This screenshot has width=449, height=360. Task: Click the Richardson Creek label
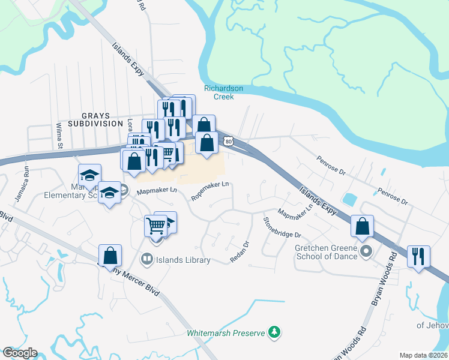click(223, 92)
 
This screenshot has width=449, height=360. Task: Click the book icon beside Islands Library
click(146, 260)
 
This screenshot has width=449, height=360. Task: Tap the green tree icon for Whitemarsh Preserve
click(274, 331)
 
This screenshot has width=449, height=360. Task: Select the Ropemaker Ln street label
click(210, 190)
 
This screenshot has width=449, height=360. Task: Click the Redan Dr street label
click(239, 251)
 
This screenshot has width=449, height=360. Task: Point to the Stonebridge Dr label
click(282, 227)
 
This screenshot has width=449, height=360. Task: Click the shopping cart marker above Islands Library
click(155, 227)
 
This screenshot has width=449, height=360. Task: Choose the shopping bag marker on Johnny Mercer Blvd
click(110, 256)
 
